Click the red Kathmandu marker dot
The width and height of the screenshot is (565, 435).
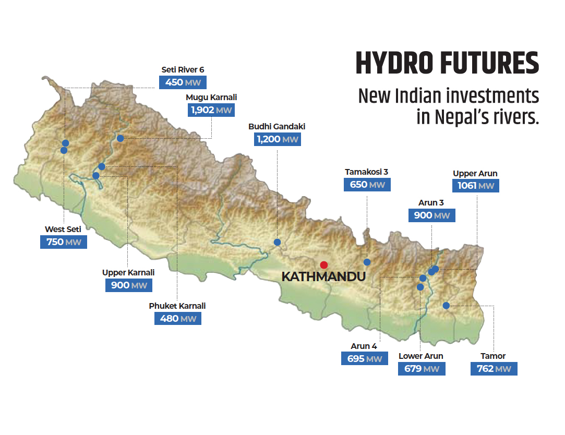tap(324, 264)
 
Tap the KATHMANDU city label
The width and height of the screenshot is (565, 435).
tap(323, 277)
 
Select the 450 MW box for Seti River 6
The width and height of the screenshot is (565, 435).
tap(183, 82)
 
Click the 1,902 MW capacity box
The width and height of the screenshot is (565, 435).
tap(211, 110)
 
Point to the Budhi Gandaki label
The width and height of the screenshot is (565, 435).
tap(277, 126)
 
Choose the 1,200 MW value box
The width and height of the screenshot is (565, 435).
tap(277, 139)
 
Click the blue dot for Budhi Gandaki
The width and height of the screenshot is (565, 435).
tap(278, 242)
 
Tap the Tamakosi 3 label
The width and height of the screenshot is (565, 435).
tap(367, 171)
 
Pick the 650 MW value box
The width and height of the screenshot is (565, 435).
tap(367, 185)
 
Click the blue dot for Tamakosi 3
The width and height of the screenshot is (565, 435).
tap(367, 262)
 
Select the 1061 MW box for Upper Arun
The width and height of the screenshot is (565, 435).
tap(475, 186)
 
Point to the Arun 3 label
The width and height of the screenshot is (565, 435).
tap(431, 202)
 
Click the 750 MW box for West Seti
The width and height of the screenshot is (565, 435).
tap(63, 241)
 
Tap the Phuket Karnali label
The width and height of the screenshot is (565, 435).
tap(177, 306)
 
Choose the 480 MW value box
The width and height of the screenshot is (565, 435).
tap(178, 318)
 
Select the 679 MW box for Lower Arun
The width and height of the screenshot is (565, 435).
tap(422, 369)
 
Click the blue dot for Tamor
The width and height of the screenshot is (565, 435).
tap(446, 306)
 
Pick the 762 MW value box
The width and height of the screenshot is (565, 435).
tap(494, 369)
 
